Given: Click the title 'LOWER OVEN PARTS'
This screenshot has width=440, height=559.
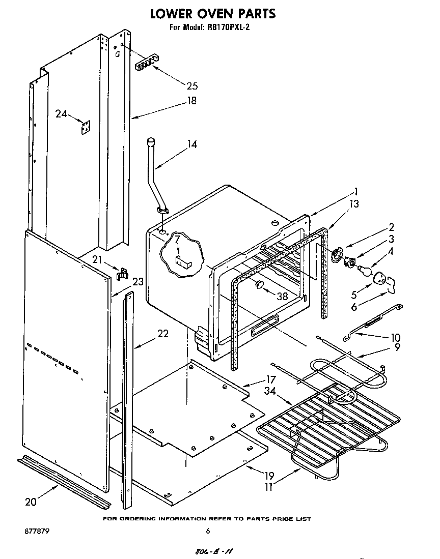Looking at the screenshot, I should [x=213, y=14].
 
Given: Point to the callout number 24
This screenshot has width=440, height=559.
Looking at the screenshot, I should [x=61, y=114].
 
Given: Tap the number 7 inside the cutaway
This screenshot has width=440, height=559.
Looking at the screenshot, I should [x=177, y=239].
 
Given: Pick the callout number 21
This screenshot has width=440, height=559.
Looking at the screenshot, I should [x=97, y=260].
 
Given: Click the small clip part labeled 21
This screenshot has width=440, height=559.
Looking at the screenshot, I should [x=121, y=274].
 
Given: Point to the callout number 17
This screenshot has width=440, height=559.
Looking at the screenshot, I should [x=270, y=379].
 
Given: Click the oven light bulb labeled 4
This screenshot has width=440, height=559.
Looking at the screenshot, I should [x=364, y=270].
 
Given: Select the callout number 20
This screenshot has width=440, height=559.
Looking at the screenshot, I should [x=31, y=502].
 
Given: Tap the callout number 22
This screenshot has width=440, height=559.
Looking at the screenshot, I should [x=162, y=334].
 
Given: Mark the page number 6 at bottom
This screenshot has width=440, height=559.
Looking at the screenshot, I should [x=207, y=531].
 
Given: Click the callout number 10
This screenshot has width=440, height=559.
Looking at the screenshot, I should [x=395, y=337].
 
